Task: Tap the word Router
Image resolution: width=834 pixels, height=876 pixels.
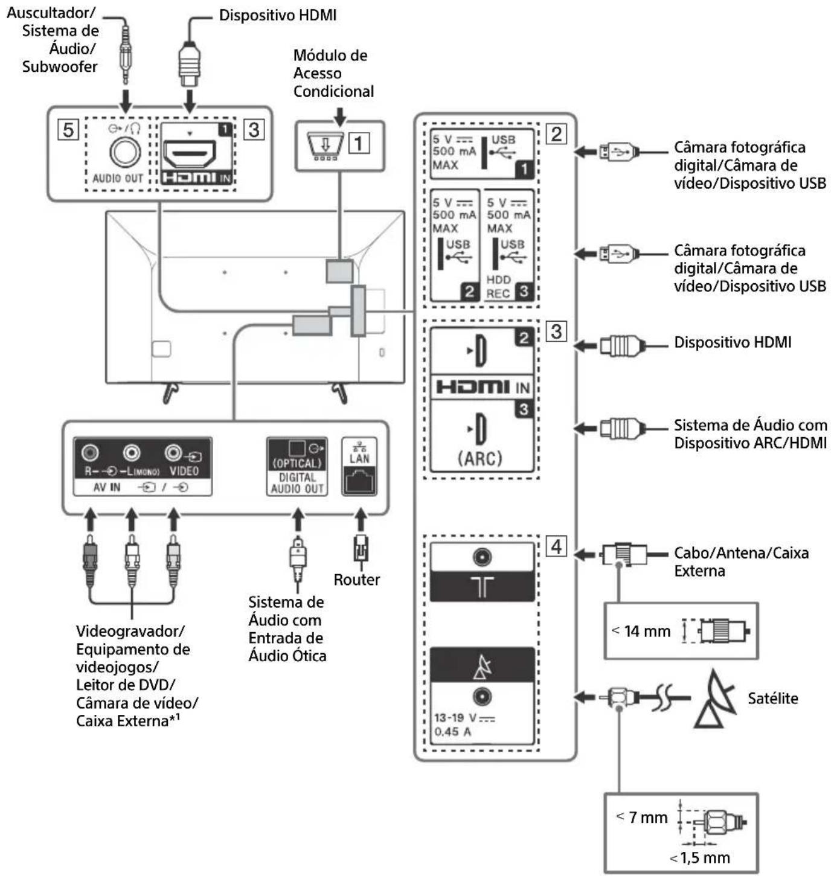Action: click(x=356, y=580)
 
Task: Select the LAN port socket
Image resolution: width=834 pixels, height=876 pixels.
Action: click(x=359, y=481)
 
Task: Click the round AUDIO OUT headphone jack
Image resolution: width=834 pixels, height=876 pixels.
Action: click(x=125, y=152)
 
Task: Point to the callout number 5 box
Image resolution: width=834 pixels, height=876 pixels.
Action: click(x=68, y=130)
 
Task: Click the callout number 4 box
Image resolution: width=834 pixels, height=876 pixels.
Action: click(x=556, y=546)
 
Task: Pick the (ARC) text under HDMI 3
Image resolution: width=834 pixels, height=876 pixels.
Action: click(x=480, y=458)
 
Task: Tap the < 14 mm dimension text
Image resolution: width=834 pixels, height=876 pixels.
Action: click(x=641, y=631)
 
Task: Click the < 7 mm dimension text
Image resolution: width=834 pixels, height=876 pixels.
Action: click(x=642, y=817)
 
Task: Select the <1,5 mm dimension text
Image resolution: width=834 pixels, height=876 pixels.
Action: click(x=701, y=858)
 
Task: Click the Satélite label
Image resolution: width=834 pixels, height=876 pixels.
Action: click(x=773, y=698)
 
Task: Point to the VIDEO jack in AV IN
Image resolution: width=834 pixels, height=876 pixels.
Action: click(x=173, y=453)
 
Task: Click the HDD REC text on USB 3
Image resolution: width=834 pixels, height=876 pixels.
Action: click(x=498, y=287)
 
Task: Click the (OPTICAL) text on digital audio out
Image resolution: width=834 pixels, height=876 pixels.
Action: click(x=297, y=464)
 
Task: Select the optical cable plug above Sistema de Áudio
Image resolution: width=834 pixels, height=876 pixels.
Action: click(x=298, y=559)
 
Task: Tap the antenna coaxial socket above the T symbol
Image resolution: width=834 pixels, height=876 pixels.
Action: click(x=483, y=557)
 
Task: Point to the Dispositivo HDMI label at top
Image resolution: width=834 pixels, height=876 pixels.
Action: click(x=278, y=15)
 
